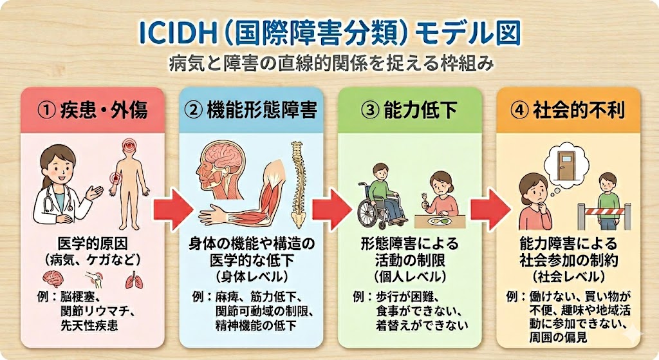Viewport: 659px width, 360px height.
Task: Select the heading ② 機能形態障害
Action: [x=250, y=109]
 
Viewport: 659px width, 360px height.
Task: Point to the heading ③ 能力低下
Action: [x=409, y=109]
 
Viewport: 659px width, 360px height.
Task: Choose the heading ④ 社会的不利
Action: [x=568, y=109]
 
